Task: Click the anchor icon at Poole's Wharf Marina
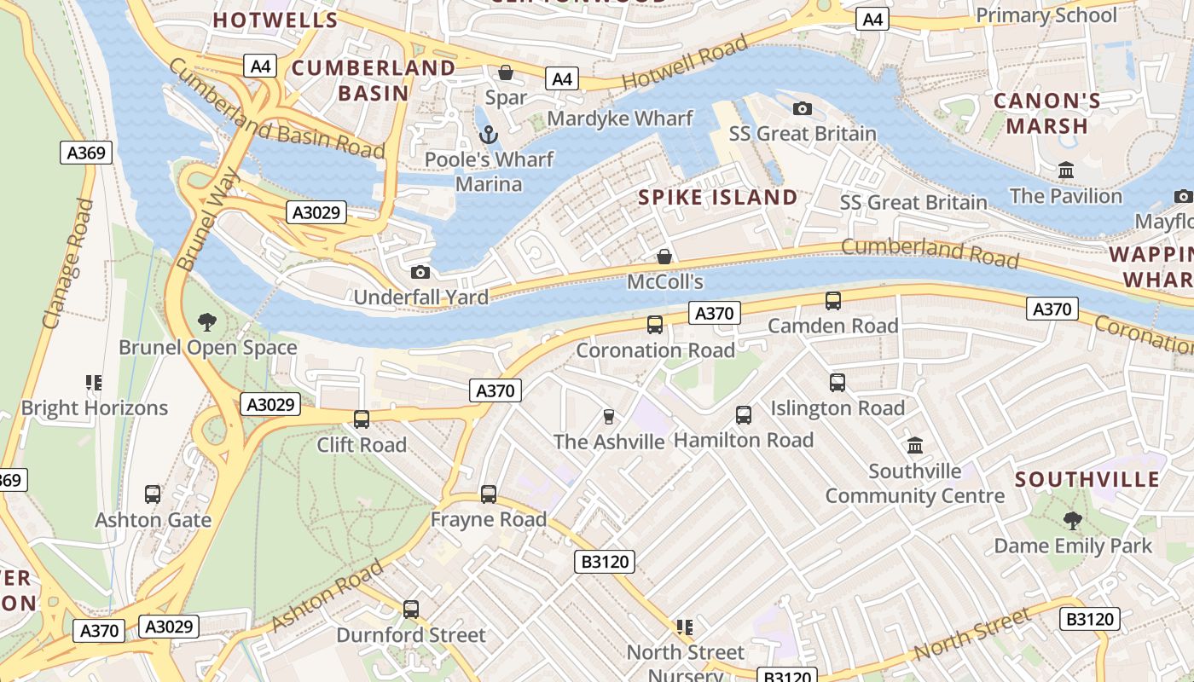click(489, 134)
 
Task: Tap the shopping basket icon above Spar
click(506, 72)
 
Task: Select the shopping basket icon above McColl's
click(664, 256)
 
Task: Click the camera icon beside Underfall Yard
click(420, 272)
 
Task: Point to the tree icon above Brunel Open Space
click(206, 321)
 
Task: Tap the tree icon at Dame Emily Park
click(1072, 519)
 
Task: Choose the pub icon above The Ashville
click(608, 416)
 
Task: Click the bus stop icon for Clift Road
click(362, 419)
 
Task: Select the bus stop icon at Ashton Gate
click(153, 494)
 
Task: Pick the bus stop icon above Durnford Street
click(411, 609)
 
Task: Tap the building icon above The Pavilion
click(1065, 170)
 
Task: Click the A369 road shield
click(86, 153)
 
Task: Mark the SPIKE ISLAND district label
click(718, 198)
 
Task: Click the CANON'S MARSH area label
click(1046, 113)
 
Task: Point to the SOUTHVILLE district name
click(1087, 479)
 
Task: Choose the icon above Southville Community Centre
click(915, 445)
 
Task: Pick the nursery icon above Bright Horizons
click(94, 382)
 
